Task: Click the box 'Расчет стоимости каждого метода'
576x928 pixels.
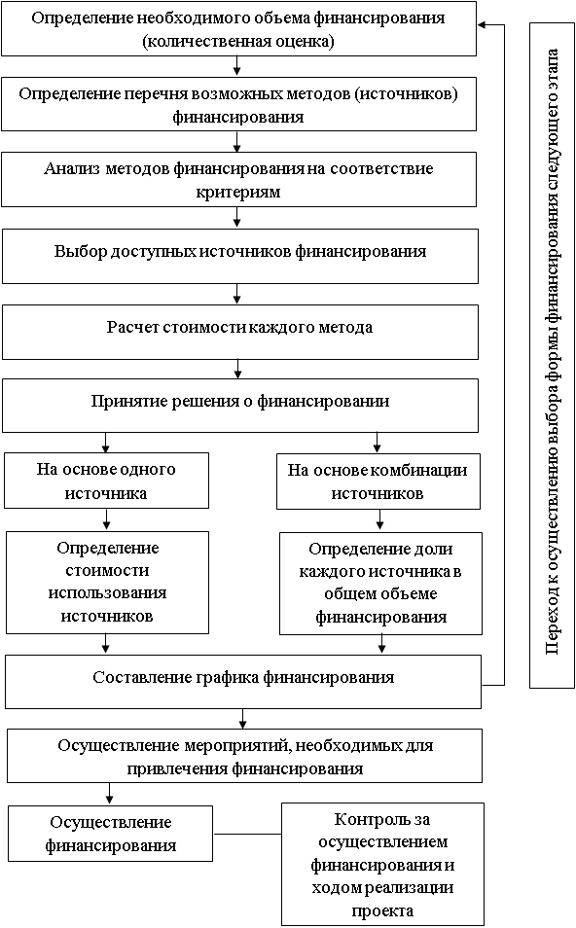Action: click(239, 332)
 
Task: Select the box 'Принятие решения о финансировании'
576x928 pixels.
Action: click(239, 406)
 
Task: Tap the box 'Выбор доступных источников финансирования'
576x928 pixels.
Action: click(239, 256)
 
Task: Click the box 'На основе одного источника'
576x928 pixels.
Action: click(107, 481)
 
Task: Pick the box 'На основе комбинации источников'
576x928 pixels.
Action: click(378, 482)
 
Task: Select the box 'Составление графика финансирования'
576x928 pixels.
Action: click(243, 681)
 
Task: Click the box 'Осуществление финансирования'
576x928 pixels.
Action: click(110, 834)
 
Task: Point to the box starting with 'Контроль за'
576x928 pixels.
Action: click(382, 864)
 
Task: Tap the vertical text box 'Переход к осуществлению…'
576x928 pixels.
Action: click(552, 355)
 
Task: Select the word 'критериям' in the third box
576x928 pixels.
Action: click(238, 193)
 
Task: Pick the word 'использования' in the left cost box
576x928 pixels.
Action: click(107, 593)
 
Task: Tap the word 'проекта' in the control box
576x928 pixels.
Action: click(382, 910)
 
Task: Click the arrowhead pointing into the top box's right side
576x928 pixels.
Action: click(482, 25)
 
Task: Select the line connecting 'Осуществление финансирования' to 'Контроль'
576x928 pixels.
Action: click(247, 834)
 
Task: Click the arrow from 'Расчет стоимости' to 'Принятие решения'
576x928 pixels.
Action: click(238, 370)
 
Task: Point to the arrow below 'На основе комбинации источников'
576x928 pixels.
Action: click(379, 520)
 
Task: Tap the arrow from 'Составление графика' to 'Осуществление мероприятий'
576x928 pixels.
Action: click(242, 719)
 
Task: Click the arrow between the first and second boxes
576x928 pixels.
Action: click(236, 66)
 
